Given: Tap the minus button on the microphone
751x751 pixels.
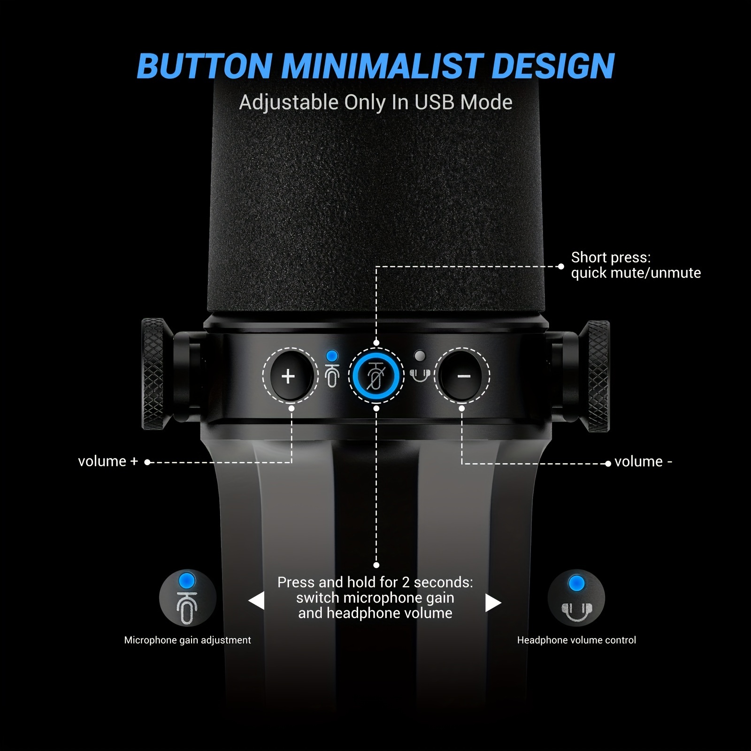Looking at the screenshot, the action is [x=462, y=376].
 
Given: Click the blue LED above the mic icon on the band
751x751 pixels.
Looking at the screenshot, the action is [x=332, y=355].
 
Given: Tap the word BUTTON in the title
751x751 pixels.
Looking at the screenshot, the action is [x=205, y=66].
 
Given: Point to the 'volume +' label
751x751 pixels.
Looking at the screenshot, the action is [x=108, y=461].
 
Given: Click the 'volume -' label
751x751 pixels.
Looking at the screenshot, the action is [x=643, y=462].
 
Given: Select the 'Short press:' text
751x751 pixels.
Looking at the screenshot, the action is [x=611, y=258].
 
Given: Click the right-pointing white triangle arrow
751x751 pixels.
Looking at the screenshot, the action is [x=493, y=603].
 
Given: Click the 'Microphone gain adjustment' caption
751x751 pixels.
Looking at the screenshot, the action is [x=187, y=640].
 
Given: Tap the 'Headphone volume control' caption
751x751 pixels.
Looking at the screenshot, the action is [x=576, y=640].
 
